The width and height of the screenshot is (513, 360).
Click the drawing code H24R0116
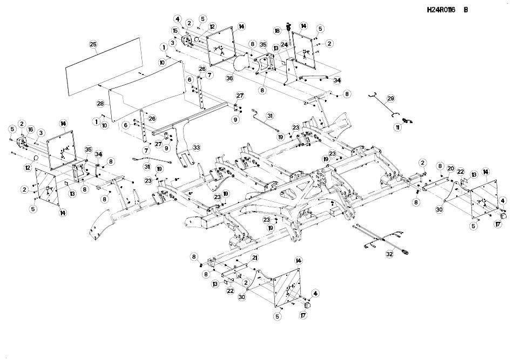(441, 9)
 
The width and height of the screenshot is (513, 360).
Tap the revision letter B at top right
(465, 9)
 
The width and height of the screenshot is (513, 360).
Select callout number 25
(93, 44)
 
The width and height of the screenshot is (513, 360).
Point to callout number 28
(100, 103)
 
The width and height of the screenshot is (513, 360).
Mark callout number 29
(390, 99)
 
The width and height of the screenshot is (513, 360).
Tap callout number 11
(398, 127)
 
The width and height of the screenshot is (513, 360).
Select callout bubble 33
(196, 147)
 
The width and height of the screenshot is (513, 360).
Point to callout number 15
(175, 30)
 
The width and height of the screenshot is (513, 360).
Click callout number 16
(31, 130)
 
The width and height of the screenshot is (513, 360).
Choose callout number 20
(450, 168)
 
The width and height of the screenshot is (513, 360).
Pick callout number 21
(254, 258)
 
